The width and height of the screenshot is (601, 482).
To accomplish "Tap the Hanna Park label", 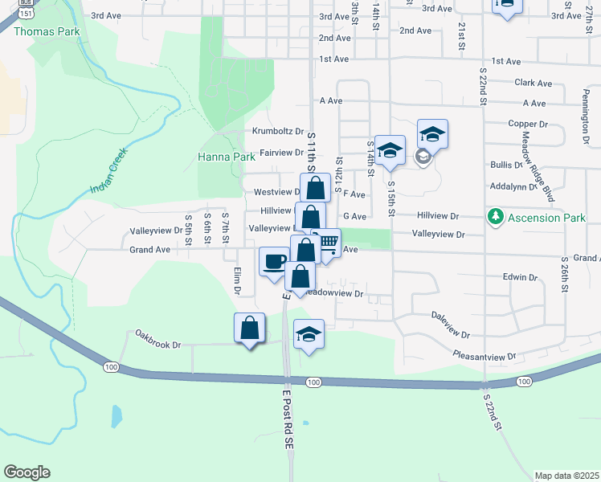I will pos(227,157).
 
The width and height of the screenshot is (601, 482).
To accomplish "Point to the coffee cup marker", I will pos(274,261).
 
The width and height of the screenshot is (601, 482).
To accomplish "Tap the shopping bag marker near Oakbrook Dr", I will pos(250,328).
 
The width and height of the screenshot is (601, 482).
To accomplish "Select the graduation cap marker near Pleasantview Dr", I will pos(309,333).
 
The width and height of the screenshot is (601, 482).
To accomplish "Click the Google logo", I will pos(27,472).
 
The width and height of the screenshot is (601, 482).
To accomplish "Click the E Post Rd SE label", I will pos(288,418).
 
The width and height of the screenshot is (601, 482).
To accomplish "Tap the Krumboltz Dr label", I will pos(277,131).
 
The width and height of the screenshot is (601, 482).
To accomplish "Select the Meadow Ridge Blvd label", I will pos(538,166).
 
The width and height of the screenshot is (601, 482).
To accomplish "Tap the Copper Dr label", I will pos(527,125).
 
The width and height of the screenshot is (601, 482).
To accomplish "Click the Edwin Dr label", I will pos(519,277).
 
